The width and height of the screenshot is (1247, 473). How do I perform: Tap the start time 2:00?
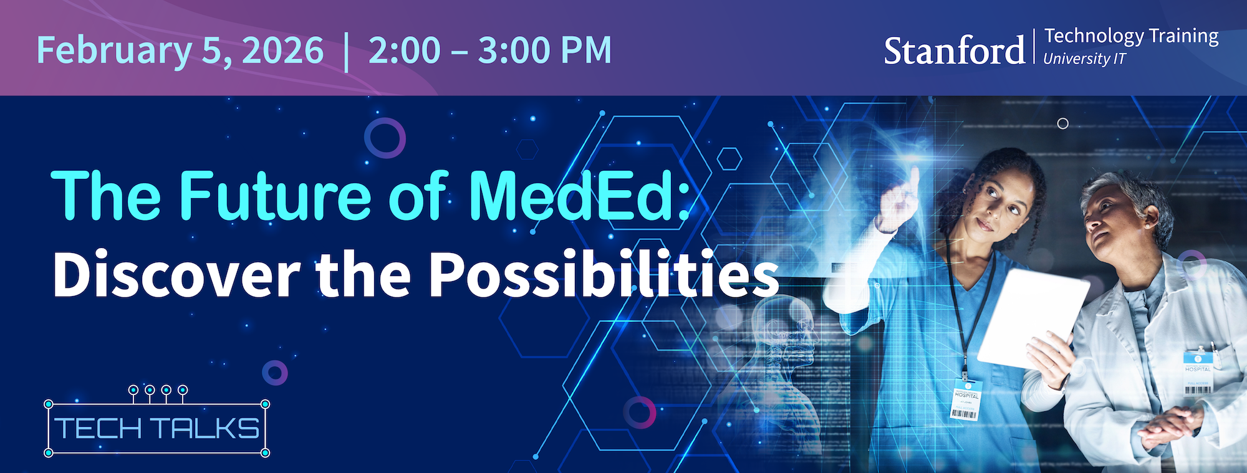click(x=404, y=50)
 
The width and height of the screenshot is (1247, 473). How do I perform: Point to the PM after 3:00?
click(x=586, y=50)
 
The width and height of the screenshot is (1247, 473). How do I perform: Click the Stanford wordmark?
click(x=954, y=51)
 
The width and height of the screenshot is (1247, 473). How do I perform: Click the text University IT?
click(x=1085, y=59)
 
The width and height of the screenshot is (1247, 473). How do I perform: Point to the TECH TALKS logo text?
click(x=156, y=429)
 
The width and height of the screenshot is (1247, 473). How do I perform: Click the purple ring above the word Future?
click(x=385, y=138)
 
